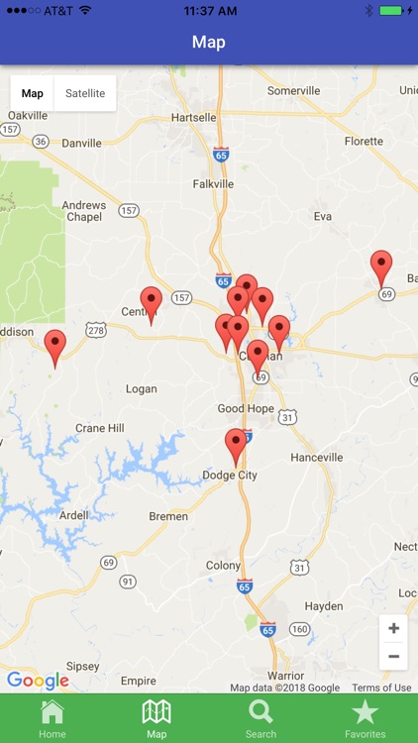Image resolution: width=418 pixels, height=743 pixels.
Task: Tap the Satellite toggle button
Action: pyautogui.click(x=85, y=93)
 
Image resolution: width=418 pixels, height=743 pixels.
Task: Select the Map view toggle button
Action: pyautogui.click(x=33, y=93)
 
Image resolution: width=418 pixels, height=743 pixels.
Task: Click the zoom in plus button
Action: pyautogui.click(x=393, y=628)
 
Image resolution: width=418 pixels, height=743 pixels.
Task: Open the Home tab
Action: pyautogui.click(x=52, y=717)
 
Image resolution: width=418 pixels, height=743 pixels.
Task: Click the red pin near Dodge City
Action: pyautogui.click(x=236, y=447)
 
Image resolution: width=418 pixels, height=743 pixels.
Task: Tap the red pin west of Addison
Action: pyautogui.click(x=55, y=348)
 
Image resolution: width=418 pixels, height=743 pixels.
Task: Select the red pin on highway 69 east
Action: pyautogui.click(x=381, y=268)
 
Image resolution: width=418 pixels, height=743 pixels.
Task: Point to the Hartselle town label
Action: pyautogui.click(x=193, y=117)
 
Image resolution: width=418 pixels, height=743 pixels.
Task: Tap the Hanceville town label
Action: pyautogui.click(x=317, y=457)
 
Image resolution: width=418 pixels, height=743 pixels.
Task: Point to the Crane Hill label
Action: pyautogui.click(x=100, y=428)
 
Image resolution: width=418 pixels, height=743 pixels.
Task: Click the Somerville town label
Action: pyautogui.click(x=294, y=90)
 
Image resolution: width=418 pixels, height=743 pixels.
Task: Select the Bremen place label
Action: pyautogui.click(x=168, y=516)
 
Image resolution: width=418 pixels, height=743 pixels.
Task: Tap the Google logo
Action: pyautogui.click(x=38, y=681)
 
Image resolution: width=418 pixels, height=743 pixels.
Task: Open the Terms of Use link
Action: pyautogui.click(x=381, y=688)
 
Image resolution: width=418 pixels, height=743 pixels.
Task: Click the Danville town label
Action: pyautogui.click(x=81, y=143)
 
